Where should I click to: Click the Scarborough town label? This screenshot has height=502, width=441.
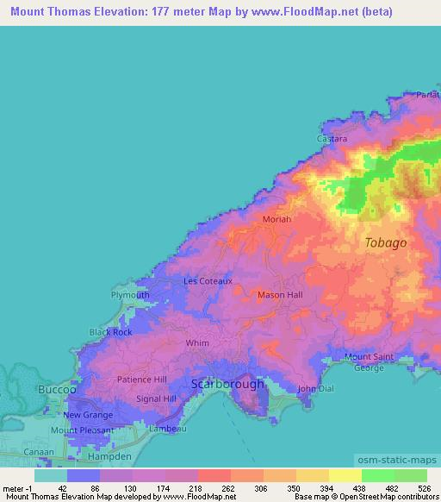[x=227, y=384]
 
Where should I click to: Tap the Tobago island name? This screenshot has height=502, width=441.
[x=385, y=242]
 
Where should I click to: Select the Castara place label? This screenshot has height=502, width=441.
[x=332, y=138]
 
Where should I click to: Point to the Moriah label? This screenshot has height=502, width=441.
[x=277, y=220]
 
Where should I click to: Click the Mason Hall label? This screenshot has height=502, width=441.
[x=281, y=295]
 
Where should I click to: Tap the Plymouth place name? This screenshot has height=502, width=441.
[x=130, y=295]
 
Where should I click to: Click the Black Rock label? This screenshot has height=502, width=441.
[x=111, y=332]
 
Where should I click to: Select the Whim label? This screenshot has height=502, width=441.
[x=198, y=342]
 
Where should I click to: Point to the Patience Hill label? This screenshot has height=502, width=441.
[x=141, y=380]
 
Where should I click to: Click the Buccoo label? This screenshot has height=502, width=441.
[x=59, y=390]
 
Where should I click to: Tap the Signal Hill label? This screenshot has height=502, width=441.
[x=157, y=399]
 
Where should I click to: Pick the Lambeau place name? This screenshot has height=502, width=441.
[x=167, y=429]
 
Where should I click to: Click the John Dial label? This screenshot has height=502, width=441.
[x=314, y=389]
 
